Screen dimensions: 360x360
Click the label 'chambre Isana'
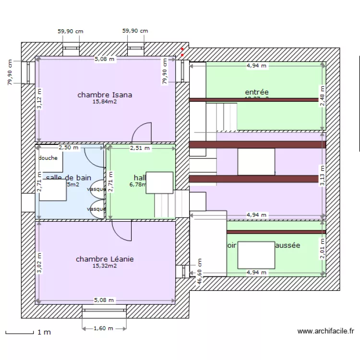click(105, 95)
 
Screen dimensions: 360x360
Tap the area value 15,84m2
click(105, 101)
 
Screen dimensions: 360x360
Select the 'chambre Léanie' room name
click(105, 259)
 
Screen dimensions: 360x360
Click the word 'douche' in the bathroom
click(48, 158)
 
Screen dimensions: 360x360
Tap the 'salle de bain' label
click(68, 178)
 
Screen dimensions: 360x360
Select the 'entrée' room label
click(256, 92)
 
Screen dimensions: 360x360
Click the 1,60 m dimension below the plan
click(104, 328)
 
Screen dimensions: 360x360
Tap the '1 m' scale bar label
click(44, 332)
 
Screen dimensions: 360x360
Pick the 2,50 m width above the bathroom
click(68, 148)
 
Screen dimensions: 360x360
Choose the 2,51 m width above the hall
click(140, 148)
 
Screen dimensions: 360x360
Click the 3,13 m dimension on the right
click(323, 176)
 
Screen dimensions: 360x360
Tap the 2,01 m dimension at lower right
click(323, 249)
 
